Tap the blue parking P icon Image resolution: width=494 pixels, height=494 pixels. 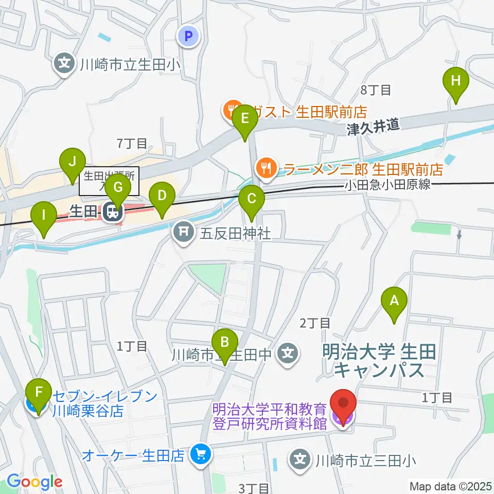pyautogui.click(x=188, y=36)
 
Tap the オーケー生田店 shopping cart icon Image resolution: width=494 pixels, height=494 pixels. pyautogui.click(x=198, y=454)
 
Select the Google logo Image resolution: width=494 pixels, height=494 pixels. pyautogui.click(x=35, y=481)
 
